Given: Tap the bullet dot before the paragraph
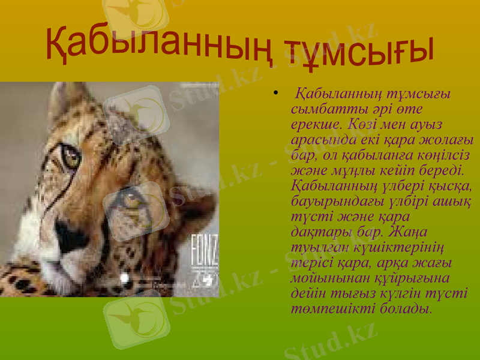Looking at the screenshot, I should click(x=275, y=94).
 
